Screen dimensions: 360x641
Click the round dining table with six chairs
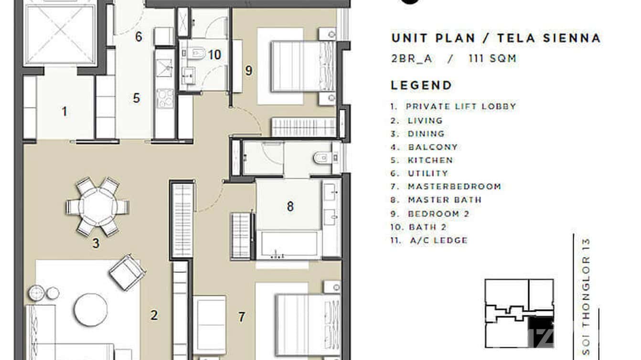[x=97, y=207]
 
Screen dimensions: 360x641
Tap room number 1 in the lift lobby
[x=64, y=112]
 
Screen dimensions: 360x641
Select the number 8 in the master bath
[x=290, y=207]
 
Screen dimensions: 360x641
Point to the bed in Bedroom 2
[x=303, y=66]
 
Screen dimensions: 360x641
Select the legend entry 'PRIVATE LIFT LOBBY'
[x=460, y=106]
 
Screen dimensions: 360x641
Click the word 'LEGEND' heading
[x=421, y=86]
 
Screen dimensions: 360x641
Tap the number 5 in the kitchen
[x=137, y=98]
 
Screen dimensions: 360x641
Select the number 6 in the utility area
[x=139, y=37]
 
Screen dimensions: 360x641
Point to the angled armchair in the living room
[x=127, y=273]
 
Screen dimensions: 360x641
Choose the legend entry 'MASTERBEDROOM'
[x=454, y=187]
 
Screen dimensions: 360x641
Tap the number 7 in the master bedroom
[x=242, y=317]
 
